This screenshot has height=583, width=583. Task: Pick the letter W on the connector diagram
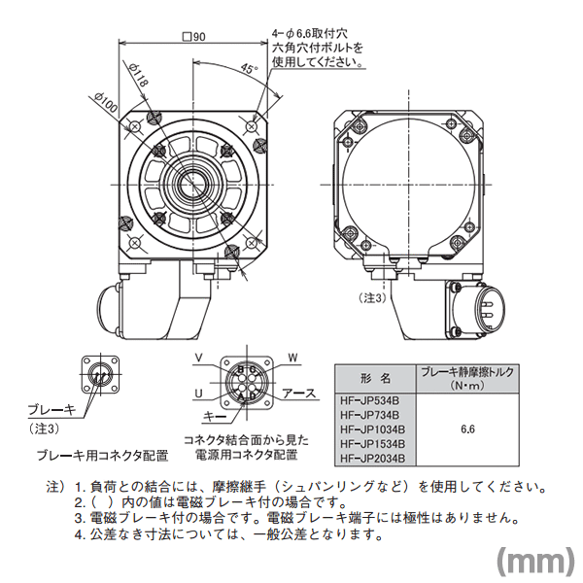292,359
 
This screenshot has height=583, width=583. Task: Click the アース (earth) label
299,394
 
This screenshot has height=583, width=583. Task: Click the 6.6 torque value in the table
467,428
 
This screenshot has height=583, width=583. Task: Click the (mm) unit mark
532,561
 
